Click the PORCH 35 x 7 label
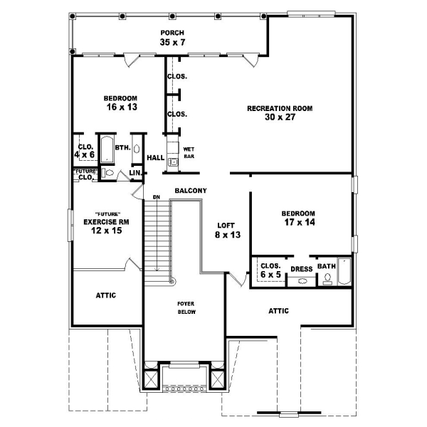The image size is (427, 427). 172,38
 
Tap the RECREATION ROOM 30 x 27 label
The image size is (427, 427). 280,113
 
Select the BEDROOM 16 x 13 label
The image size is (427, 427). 120,102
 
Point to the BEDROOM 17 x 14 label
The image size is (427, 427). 297,218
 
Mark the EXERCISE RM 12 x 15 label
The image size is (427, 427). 105,226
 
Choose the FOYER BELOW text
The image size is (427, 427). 186,307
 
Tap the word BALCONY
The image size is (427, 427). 190,191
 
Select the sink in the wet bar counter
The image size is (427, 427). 172,162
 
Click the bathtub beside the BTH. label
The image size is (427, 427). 105,150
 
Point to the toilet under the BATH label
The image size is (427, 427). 328,280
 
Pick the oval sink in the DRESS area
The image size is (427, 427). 302,281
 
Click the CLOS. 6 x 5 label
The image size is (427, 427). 270,270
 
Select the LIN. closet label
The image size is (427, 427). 135,173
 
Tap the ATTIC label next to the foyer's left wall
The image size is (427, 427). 105,295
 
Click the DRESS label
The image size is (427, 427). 302,268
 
